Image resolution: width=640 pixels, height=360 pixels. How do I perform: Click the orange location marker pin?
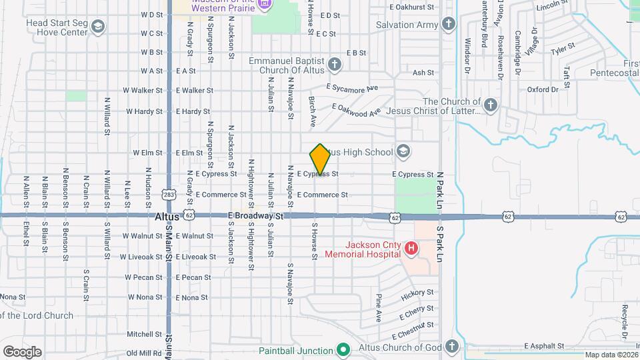coord(321,159)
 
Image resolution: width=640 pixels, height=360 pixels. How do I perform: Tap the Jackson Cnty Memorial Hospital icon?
coord(411,249)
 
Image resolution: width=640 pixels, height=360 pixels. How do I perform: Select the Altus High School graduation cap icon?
coord(403,152)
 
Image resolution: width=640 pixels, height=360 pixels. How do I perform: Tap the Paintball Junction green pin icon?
coord(343,350)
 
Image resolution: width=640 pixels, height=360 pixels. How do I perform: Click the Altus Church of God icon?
coord(451,347)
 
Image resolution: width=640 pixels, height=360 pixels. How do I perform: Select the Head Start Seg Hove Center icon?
coord(98,27)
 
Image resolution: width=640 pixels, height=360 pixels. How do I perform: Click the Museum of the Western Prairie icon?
coord(265,5)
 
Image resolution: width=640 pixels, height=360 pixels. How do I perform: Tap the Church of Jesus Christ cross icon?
coord(490,105)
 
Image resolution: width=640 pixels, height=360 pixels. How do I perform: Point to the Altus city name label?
coord(166,217)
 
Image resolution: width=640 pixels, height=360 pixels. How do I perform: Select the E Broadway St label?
coord(256,216)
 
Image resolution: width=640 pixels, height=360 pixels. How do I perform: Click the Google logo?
coord(22,351)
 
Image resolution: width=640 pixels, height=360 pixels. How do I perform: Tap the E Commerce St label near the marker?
coord(322,195)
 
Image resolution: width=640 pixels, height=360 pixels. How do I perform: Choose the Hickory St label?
coord(418,295)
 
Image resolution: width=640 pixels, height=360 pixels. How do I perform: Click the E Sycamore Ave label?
coord(352,87)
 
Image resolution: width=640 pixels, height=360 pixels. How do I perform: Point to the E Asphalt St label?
coord(544,346)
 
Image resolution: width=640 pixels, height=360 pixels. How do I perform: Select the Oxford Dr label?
coord(542,89)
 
